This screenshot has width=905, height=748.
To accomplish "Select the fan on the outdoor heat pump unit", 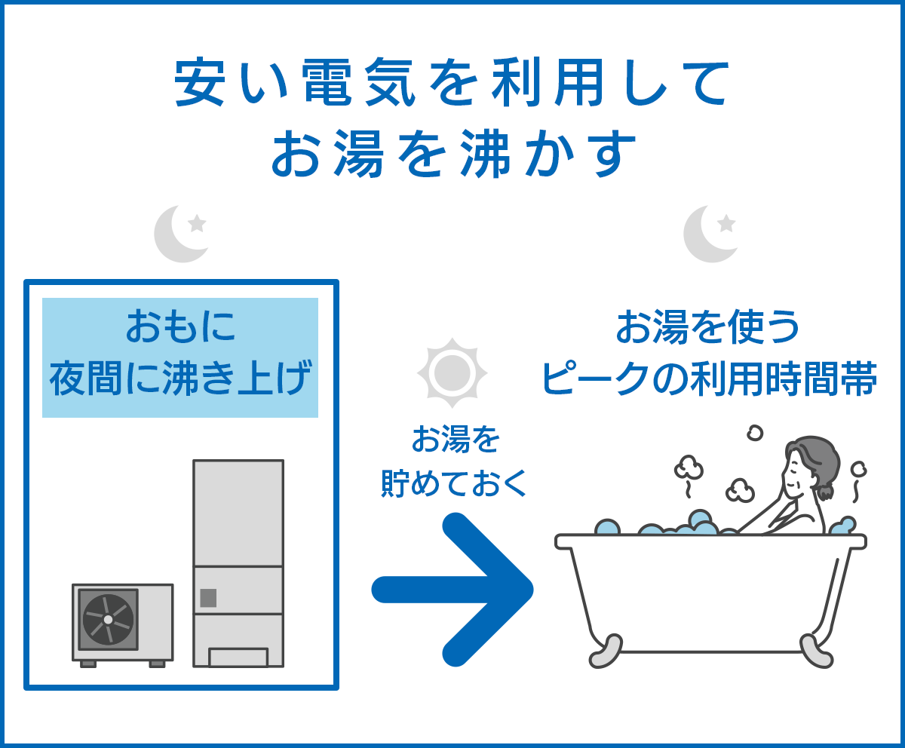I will [108, 619].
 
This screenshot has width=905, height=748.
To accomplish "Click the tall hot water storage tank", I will [238, 528].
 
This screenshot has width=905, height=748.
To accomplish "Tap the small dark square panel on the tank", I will [208, 598].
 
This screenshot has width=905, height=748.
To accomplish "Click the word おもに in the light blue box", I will [180, 329].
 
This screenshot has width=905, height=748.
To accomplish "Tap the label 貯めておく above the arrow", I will [452, 483].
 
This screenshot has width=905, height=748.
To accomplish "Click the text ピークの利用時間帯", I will [709, 380].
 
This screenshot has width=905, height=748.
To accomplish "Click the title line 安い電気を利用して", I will [452, 82].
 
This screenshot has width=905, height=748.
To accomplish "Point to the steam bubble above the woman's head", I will [753, 433].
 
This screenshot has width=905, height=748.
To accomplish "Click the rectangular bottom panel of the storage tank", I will [238, 657].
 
